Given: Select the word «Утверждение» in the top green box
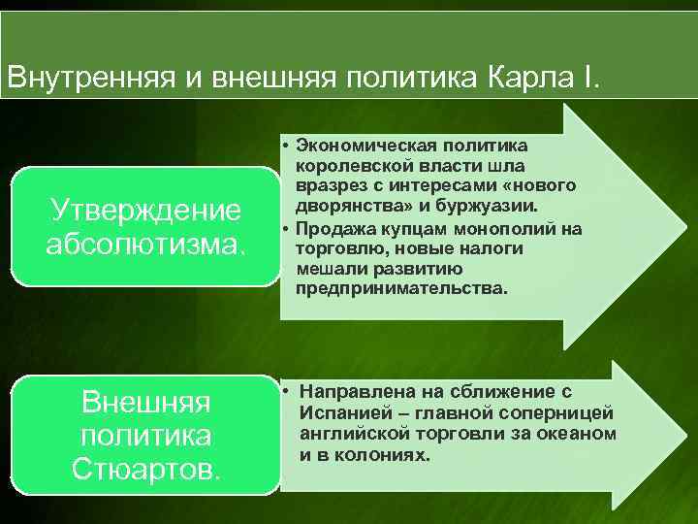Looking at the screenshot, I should coord(145,210).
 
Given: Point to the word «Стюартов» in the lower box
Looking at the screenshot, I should coord(146,471).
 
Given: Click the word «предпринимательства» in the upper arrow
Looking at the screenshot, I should coord(400,289).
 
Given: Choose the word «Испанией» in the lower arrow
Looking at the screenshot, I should coord(342,412).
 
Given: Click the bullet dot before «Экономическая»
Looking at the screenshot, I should coord(288,146).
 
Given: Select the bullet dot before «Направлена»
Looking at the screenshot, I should coord(288,392).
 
